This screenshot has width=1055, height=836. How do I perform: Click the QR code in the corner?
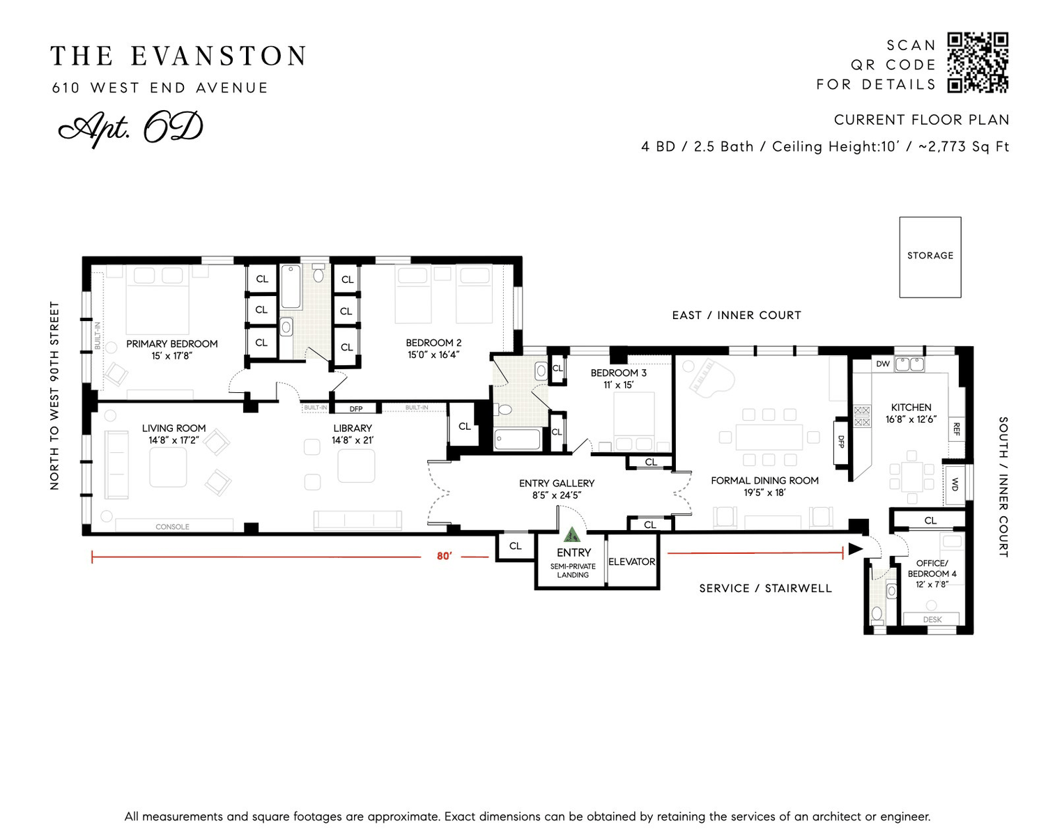[978, 62]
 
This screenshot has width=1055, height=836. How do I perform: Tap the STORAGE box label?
[930, 256]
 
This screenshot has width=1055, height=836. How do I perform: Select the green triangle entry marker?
[571, 534]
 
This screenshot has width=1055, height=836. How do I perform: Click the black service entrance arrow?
[856, 549]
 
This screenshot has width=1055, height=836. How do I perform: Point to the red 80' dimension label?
[444, 556]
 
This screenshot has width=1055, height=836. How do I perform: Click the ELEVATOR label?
[631, 562]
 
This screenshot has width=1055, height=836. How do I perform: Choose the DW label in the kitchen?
[882, 364]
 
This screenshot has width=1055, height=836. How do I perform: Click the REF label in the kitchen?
[956, 430]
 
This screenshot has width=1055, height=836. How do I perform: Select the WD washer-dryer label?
[955, 484]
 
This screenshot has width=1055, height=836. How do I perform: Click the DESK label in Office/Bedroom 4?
[932, 619]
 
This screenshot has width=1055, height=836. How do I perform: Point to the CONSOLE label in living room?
[172, 527]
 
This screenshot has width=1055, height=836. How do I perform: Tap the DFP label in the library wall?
[356, 409]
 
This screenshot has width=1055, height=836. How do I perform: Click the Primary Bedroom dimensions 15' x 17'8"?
[171, 356]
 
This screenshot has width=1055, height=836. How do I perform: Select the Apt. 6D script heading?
[130, 128]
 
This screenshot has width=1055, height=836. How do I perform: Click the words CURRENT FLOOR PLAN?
[921, 120]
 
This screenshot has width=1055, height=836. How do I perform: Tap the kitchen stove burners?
[862, 416]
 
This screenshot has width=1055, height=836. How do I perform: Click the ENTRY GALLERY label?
[557, 483]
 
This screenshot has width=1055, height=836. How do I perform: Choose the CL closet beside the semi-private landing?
[515, 545]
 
